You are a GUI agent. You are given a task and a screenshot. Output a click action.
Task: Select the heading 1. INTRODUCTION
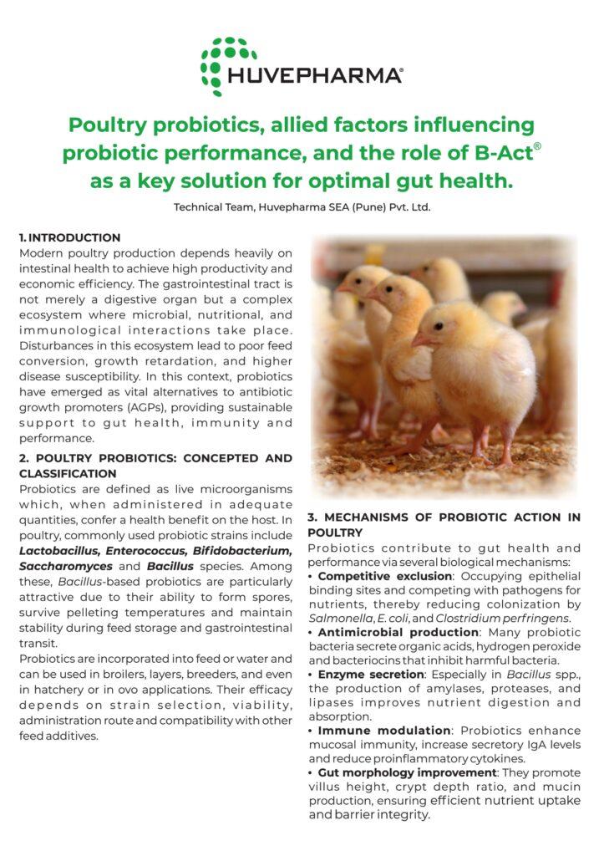69,238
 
